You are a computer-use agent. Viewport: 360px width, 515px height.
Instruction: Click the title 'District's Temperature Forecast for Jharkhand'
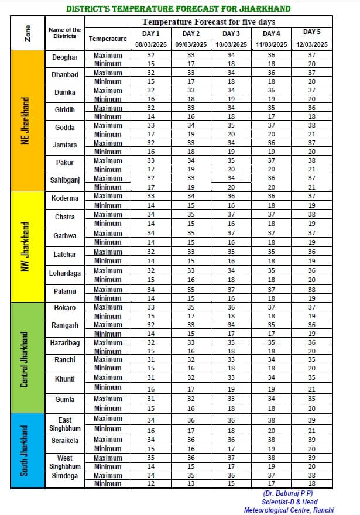179,9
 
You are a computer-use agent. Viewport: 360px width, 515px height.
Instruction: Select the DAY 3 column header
231,33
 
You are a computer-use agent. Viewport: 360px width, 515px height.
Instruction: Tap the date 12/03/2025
311,44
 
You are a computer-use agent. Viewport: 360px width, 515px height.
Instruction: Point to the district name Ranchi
65,359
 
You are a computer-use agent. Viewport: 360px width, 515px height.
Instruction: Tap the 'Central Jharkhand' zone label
25,357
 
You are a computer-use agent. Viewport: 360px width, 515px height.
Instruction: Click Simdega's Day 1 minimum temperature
151,483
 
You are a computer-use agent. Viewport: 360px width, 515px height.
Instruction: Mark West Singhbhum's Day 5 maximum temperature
311,458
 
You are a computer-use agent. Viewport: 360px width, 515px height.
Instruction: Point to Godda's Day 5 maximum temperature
311,125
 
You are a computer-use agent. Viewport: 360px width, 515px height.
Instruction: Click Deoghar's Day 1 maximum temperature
151,55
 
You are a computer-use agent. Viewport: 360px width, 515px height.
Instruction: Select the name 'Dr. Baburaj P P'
288,493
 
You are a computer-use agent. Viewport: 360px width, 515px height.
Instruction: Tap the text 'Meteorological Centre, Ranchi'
289,510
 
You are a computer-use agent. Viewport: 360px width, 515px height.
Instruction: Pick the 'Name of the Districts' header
65,33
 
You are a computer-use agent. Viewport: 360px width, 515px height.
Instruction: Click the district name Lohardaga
65,273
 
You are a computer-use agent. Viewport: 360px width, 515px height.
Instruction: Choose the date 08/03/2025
151,44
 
